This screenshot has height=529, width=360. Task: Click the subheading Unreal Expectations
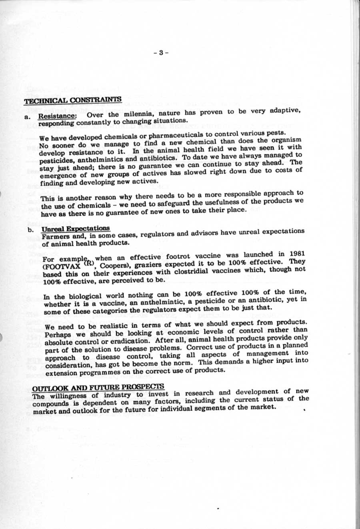(x=75, y=228)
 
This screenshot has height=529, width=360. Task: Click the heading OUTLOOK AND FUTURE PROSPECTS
(x=98, y=387)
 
